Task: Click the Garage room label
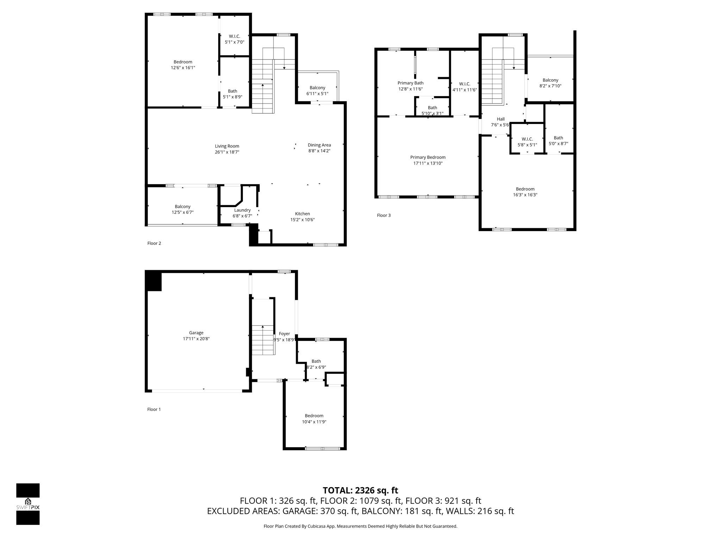pyautogui.click(x=196, y=332)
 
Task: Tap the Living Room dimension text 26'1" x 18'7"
pyautogui.click(x=227, y=152)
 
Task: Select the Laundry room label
pyautogui.click(x=242, y=210)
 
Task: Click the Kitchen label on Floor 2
pyautogui.click(x=302, y=214)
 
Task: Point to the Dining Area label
pyautogui.click(x=319, y=145)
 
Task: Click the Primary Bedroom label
pyautogui.click(x=428, y=157)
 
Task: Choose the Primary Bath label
pyautogui.click(x=410, y=83)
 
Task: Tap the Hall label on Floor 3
pyautogui.click(x=501, y=119)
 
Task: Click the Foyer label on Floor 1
pyautogui.click(x=284, y=334)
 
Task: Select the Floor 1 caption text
pyautogui.click(x=154, y=409)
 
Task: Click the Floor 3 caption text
pyautogui.click(x=384, y=215)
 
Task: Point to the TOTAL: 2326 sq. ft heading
pyautogui.click(x=360, y=490)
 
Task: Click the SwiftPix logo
pyautogui.click(x=28, y=504)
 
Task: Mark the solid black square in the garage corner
pyautogui.click(x=154, y=281)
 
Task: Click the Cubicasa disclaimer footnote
pyautogui.click(x=360, y=526)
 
